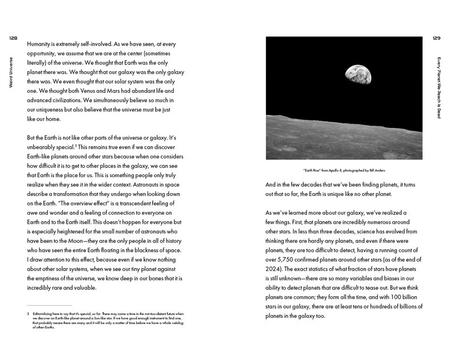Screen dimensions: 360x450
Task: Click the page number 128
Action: pyautogui.click(x=13, y=38)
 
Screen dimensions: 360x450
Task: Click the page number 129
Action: pyautogui.click(x=436, y=38)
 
